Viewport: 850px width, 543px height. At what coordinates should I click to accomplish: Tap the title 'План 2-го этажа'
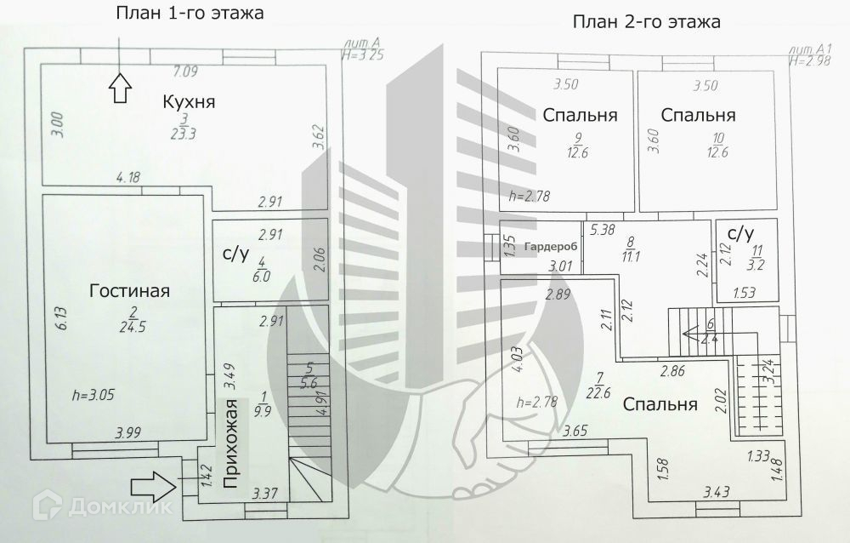coord(645,22)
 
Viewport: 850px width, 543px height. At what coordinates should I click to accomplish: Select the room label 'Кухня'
coord(189,102)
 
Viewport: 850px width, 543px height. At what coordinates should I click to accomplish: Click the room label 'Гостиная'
coord(129,291)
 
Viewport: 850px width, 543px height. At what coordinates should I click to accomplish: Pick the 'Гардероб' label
coord(551,247)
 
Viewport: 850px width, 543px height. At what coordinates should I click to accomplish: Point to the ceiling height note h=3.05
coord(98,396)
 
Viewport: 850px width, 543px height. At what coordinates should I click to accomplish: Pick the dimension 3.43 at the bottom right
coord(717,491)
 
